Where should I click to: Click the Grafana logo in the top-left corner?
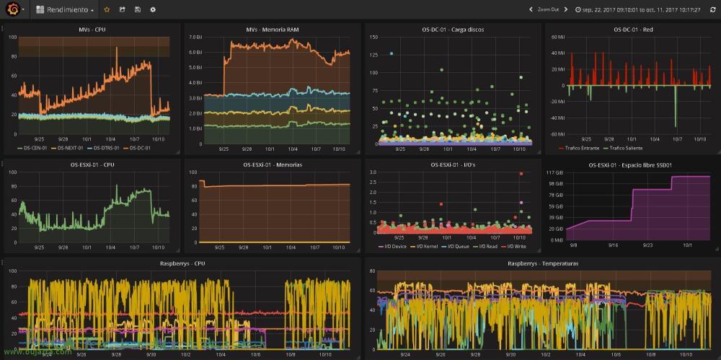pyautogui.click(x=12, y=10)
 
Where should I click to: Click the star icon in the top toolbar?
pyautogui.click(x=107, y=10)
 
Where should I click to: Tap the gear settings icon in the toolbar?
pyautogui.click(x=152, y=10)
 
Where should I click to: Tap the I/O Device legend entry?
pyautogui.click(x=393, y=246)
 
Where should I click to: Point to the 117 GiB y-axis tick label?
pyautogui.click(x=554, y=172)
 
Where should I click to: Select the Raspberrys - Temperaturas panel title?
pyautogui.click(x=542, y=263)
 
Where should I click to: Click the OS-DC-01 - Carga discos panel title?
pyautogui.click(x=453, y=30)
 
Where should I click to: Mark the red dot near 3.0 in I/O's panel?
pyautogui.click(x=521, y=174)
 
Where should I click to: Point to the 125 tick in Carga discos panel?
pyautogui.click(x=373, y=54)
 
